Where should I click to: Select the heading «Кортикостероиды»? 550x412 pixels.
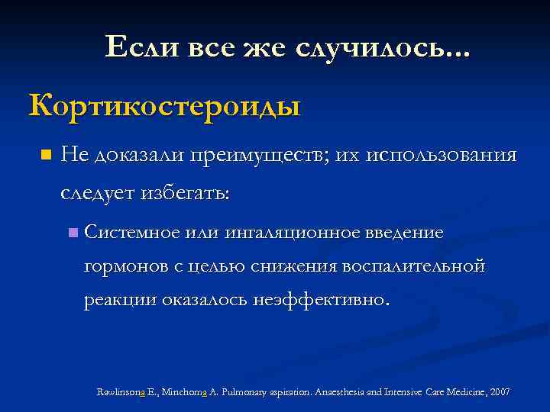pos(165,105)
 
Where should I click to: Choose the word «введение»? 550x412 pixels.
pos(407,231)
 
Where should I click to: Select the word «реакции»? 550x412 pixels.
pos(120,300)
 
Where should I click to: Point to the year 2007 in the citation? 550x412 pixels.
pos(500,391)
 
